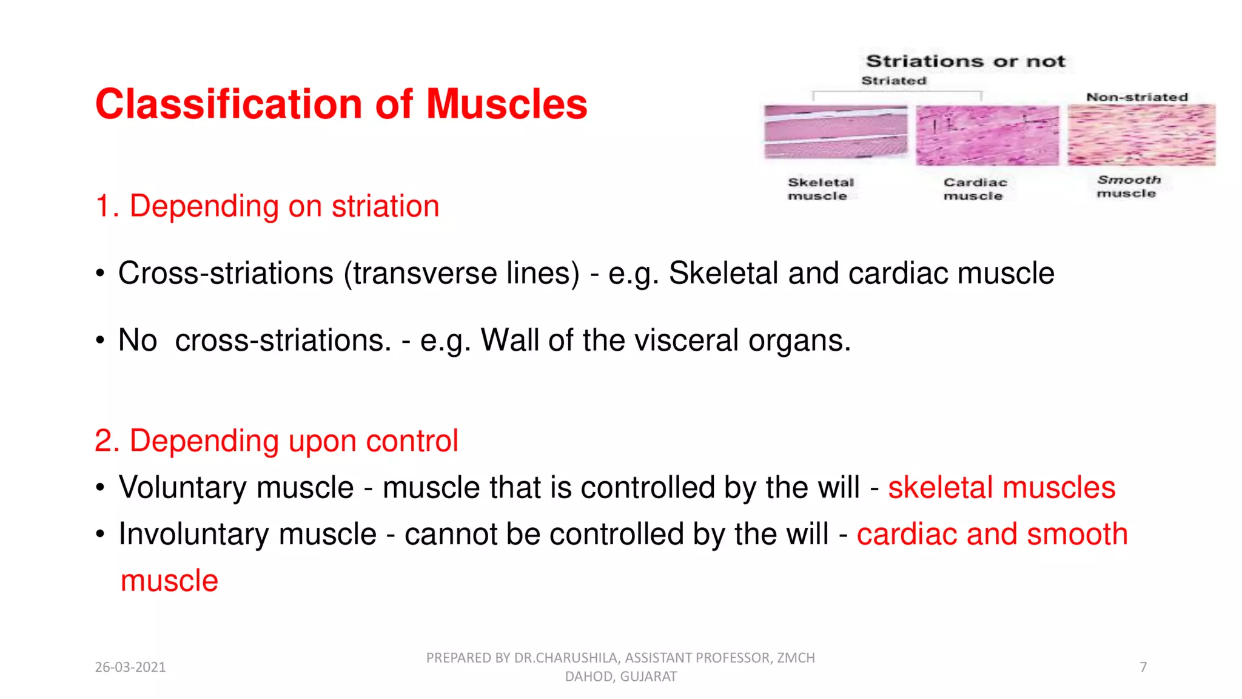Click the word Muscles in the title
(x=506, y=104)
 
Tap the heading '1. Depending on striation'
(x=267, y=206)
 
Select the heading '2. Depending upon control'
(x=276, y=441)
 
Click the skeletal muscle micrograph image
(x=836, y=132)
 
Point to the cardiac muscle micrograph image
(x=987, y=135)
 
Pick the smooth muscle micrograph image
(x=1141, y=135)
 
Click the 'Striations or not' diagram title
(x=965, y=61)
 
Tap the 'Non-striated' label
(x=1136, y=97)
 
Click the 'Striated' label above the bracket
(x=894, y=81)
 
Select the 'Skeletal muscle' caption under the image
(x=820, y=189)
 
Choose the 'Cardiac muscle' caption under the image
(x=975, y=189)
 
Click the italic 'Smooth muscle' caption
(x=1128, y=186)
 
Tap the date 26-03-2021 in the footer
(x=130, y=667)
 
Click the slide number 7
(x=1143, y=667)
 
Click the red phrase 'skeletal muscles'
(x=1001, y=487)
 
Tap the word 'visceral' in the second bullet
(x=686, y=340)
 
